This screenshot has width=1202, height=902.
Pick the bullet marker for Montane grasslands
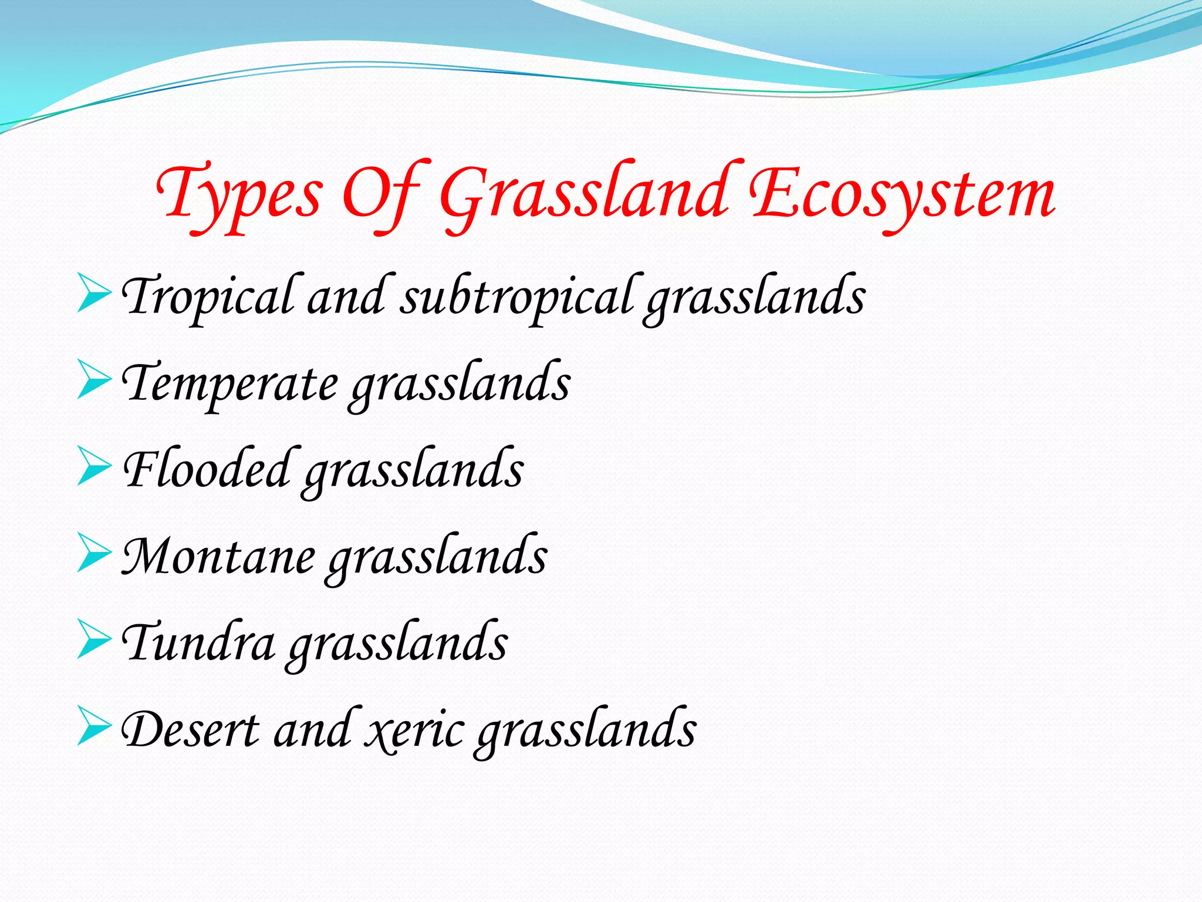pyautogui.click(x=94, y=553)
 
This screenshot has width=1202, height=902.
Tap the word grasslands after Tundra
pyautogui.click(x=398, y=644)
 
